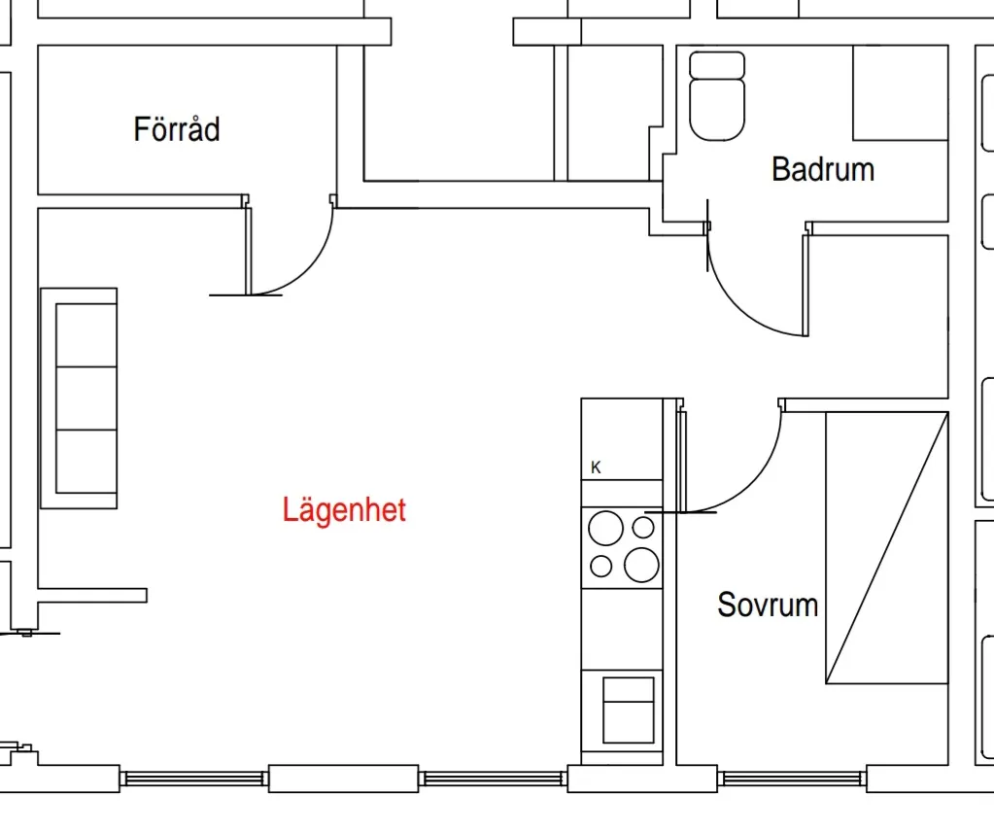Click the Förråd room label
point(177,129)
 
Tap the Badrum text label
point(822,169)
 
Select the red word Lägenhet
point(344,509)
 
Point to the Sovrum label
point(767,605)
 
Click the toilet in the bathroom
point(717,107)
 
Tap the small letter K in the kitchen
point(596,467)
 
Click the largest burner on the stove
point(642,564)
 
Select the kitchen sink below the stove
point(628,710)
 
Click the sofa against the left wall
point(80,398)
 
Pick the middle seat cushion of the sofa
point(86,398)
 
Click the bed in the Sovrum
point(886,547)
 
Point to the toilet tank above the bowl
point(717,65)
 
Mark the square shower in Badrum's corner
point(900,92)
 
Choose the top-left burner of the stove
point(605,529)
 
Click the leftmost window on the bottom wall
point(194,778)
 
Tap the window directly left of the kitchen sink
point(494,778)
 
